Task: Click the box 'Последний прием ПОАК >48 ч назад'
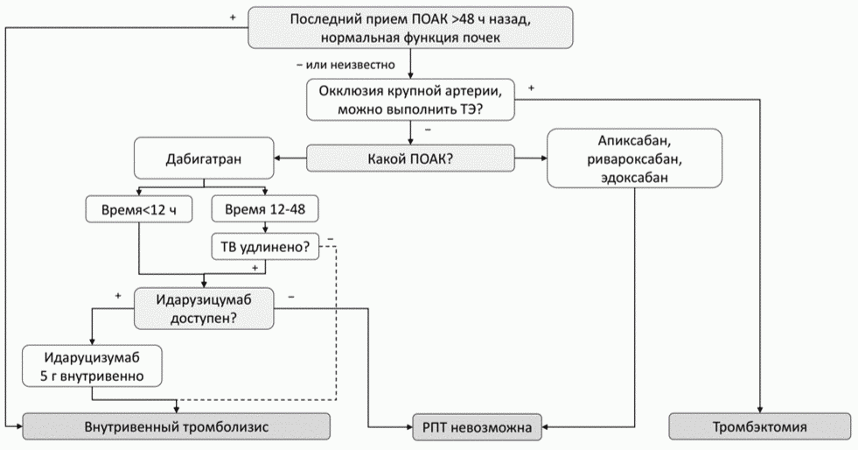(x=411, y=27)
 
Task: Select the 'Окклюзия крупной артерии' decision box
(x=410, y=100)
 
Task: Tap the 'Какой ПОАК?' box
(x=410, y=158)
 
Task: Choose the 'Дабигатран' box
(x=204, y=158)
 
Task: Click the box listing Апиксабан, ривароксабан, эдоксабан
(x=635, y=158)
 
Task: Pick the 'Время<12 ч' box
(x=139, y=209)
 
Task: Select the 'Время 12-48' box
(x=265, y=209)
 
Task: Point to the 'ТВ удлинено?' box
(x=265, y=246)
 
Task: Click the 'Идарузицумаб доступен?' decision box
(x=204, y=308)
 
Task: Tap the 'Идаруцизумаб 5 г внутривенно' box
(x=92, y=366)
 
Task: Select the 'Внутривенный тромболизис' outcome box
(x=176, y=426)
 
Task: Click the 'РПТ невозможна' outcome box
(x=478, y=426)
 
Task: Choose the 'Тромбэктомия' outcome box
(x=759, y=426)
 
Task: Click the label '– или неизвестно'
(x=345, y=65)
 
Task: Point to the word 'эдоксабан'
(x=635, y=178)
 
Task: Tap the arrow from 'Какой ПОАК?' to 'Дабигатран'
(x=290, y=158)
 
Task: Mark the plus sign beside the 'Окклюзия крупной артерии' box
(x=531, y=88)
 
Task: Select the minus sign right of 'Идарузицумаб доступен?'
(x=291, y=297)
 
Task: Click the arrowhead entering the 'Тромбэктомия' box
(x=759, y=410)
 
